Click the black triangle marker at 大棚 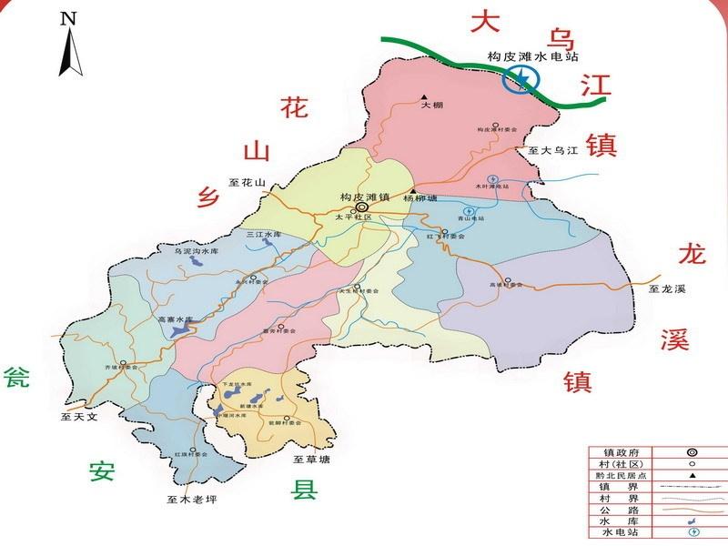[424, 96]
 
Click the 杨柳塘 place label [420, 198]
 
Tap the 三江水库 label [264, 234]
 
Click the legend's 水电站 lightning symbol [693, 531]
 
